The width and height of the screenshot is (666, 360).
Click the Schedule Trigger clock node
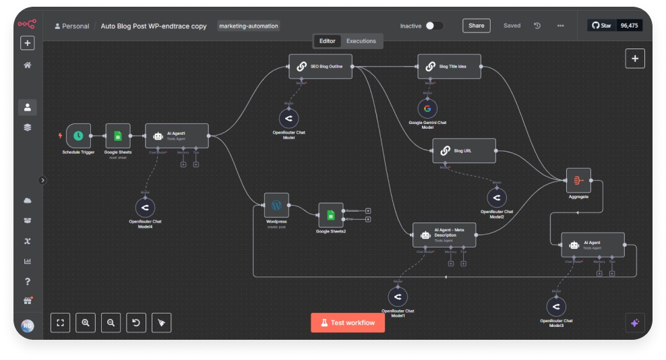(78, 136)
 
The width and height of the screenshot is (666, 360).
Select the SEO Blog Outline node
(320, 66)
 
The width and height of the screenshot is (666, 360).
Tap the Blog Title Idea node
(449, 66)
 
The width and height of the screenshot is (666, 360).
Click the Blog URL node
(464, 151)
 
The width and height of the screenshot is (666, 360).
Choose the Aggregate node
(578, 180)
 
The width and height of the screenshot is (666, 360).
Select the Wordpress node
(276, 205)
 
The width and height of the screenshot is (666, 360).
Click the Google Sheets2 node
(330, 215)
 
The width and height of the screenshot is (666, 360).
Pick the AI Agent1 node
(177, 136)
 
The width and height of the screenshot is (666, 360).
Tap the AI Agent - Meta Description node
(444, 235)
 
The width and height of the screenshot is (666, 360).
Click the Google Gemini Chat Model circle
(427, 109)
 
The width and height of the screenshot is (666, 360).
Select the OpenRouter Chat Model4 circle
(145, 207)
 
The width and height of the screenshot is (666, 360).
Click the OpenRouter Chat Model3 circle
(556, 307)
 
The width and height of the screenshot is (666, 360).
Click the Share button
(476, 26)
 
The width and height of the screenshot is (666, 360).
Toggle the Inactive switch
(434, 26)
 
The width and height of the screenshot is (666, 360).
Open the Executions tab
(361, 41)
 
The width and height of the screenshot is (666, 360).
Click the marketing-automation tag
(249, 26)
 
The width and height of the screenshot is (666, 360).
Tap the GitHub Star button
(601, 26)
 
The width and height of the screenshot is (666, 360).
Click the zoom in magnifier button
(86, 323)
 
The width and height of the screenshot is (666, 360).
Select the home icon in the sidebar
(28, 65)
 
